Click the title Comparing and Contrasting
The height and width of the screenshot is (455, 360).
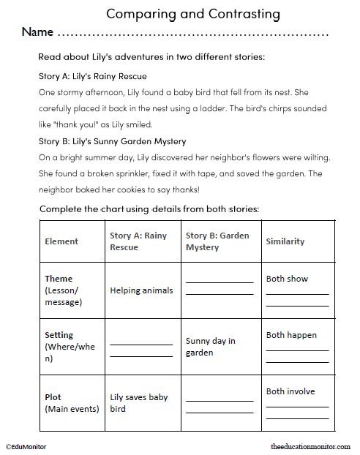click(182, 13)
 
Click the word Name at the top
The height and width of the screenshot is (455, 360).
click(37, 33)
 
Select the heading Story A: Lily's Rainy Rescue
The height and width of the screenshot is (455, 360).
click(93, 76)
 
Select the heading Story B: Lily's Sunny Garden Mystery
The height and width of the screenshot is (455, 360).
click(112, 141)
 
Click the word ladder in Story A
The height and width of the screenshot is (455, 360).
click(236, 108)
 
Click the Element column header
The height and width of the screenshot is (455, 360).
click(61, 241)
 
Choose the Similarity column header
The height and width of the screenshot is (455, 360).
click(285, 241)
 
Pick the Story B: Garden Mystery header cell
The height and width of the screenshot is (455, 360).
click(217, 241)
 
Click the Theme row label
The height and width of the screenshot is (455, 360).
click(59, 279)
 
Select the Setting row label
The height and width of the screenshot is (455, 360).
click(59, 336)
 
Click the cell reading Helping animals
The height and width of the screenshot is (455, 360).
click(141, 290)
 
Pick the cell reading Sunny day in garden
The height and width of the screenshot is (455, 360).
click(210, 347)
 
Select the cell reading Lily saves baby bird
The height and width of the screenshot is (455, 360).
click(139, 403)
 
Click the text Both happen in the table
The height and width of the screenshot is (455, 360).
click(291, 335)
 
